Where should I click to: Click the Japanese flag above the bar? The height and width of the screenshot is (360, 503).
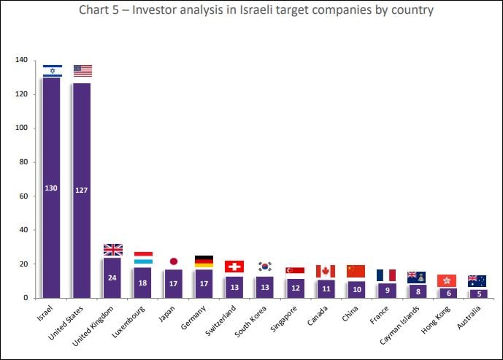pos(174,261)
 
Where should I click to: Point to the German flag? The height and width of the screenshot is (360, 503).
pos(204,261)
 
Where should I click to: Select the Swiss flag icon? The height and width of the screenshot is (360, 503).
pos(234,267)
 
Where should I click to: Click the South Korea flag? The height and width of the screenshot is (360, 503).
pos(265,267)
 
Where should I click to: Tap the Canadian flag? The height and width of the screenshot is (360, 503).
pos(326,271)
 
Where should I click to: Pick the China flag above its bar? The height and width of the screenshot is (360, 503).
pos(356,271)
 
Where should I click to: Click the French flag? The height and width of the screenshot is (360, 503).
pos(386,275)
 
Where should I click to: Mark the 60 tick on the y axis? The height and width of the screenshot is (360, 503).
pos(23,196)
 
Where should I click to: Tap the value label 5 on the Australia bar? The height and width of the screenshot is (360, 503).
pos(477,293)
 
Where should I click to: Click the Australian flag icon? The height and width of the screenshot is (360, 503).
pos(477,280)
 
